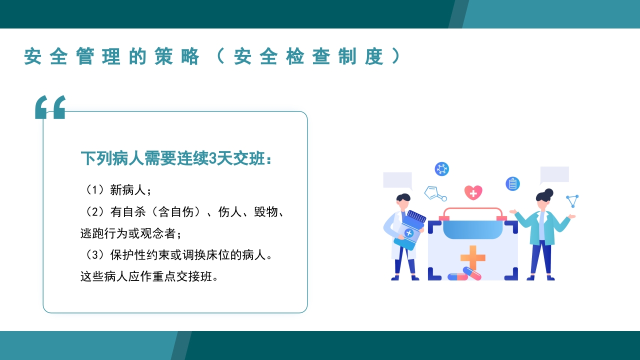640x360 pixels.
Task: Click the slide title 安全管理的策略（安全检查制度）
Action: coord(212,56)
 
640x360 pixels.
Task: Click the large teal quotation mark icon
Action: coord(50,107)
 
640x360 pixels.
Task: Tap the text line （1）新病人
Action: coord(116,190)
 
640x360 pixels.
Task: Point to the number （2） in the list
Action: coord(94,212)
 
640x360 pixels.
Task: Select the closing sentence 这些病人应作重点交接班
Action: coord(149,276)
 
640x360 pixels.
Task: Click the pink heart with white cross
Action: coord(473,192)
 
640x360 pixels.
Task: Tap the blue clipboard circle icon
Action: coord(512,183)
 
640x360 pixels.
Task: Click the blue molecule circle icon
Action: coord(441,169)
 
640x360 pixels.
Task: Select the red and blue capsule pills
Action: coord(465,274)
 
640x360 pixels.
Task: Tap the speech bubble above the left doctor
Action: coord(397,180)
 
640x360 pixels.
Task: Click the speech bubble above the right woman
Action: coord(554,175)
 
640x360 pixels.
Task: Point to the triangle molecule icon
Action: coord(573,200)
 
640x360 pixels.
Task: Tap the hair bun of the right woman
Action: coord(549,192)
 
